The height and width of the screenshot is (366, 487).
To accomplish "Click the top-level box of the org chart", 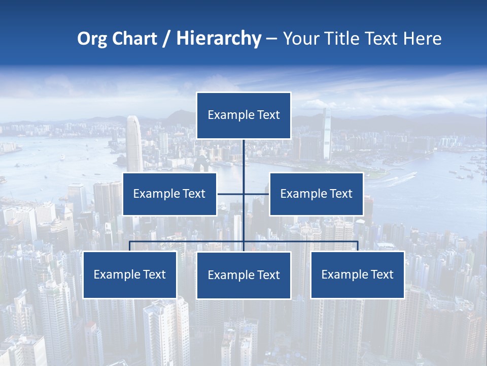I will [243, 115].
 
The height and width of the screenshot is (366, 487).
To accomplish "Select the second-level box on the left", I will [169, 194].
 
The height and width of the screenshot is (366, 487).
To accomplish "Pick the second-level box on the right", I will [316, 194].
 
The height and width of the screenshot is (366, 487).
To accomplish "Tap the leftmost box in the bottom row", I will [130, 274].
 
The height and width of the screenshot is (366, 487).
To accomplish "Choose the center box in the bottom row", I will [243, 275].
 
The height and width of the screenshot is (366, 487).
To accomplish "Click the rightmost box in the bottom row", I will [357, 274].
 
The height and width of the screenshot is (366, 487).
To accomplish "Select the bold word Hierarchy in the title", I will [219, 39].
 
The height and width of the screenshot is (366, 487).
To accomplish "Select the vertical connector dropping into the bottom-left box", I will [130, 246].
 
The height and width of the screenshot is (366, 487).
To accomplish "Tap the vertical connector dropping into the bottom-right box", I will [358, 246].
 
